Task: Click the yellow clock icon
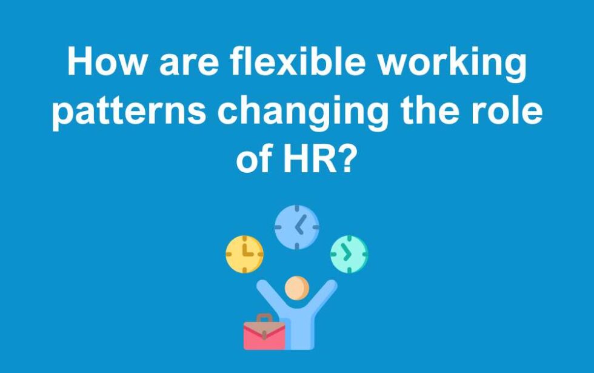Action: click(244, 254)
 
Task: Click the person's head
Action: click(296, 288)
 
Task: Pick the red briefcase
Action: click(264, 334)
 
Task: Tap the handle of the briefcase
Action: click(264, 318)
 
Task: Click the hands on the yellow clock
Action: click(246, 251)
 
